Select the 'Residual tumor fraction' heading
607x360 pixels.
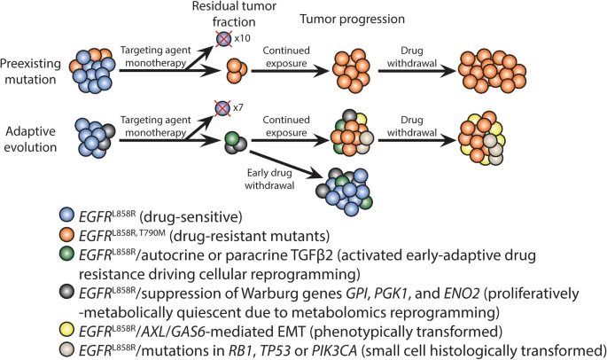[240, 14]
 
